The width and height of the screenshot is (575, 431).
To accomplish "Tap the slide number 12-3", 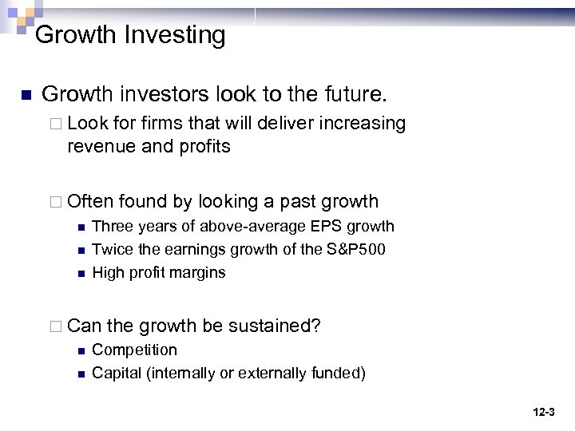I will pyautogui.click(x=543, y=412).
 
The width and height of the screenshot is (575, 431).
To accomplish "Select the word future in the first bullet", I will pyautogui.click(x=352, y=95).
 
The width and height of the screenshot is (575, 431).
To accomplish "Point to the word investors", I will pyautogui.click(x=163, y=95).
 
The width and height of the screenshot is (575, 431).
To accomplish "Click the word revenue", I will pyautogui.click(x=99, y=146).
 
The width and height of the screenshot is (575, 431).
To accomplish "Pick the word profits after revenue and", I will pyautogui.click(x=202, y=146).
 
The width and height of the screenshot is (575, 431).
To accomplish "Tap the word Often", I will pyautogui.click(x=91, y=201).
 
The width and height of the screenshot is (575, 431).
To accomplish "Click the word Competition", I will pyautogui.click(x=135, y=350).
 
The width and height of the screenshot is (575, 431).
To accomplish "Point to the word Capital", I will pyautogui.click(x=117, y=373).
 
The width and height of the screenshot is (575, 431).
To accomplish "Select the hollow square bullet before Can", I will pyautogui.click(x=57, y=326).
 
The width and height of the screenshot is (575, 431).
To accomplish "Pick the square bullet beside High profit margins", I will pyautogui.click(x=81, y=273).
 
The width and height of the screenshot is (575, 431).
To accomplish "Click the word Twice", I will pyautogui.click(x=111, y=249).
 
